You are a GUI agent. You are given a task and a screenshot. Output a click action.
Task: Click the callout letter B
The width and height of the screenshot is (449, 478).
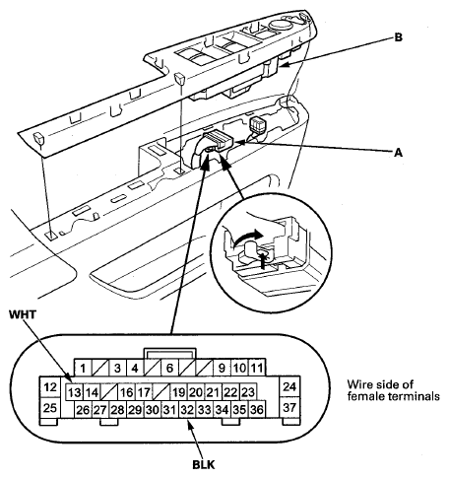click(x=398, y=37)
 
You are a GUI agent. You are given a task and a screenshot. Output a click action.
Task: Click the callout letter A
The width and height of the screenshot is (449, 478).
click(x=398, y=153)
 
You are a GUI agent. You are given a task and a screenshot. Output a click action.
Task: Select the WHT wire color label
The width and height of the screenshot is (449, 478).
click(x=23, y=314)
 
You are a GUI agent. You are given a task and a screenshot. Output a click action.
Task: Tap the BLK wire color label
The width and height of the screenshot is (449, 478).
click(x=204, y=465)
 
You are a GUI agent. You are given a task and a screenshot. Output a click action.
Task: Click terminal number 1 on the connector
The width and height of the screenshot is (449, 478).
click(x=83, y=368)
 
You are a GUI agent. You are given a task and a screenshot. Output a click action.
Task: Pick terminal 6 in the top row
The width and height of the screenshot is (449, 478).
click(x=169, y=368)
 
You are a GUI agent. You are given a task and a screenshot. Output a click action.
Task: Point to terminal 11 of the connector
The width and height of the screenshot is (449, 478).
click(x=257, y=368)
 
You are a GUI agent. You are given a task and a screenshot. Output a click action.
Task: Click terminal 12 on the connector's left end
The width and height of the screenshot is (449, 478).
click(x=50, y=387)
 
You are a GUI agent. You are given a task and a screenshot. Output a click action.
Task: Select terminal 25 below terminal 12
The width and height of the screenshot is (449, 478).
click(x=50, y=408)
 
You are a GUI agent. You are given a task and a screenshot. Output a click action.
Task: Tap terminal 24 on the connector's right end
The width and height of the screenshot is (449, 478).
click(x=289, y=386)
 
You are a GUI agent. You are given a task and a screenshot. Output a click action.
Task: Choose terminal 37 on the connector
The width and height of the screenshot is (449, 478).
click(x=289, y=408)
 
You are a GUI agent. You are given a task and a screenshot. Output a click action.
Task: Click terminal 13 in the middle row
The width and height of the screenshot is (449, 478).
click(x=75, y=392)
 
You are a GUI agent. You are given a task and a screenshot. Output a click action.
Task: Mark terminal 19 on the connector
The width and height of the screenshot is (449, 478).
click(x=179, y=392)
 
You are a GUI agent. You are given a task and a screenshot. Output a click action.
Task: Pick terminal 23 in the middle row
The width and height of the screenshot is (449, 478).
click(x=248, y=392)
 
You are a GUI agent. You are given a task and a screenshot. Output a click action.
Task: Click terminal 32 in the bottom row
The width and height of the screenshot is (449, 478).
click(x=187, y=410)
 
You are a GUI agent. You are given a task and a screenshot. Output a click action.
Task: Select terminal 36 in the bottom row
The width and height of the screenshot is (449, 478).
click(x=257, y=410)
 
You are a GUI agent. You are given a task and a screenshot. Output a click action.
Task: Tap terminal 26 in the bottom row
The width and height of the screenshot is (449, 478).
click(x=83, y=410)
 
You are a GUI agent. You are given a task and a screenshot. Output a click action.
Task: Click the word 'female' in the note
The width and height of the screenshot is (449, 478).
click(x=366, y=396)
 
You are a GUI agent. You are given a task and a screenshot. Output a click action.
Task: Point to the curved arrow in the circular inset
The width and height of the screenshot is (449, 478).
click(x=247, y=236)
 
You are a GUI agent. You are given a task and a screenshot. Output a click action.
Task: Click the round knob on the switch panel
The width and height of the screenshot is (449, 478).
click(x=281, y=25)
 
